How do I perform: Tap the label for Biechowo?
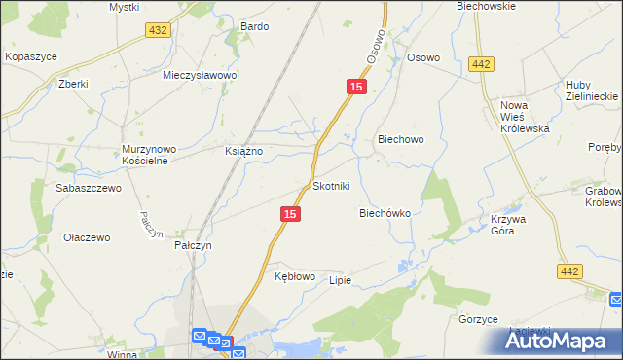(x=399, y=139)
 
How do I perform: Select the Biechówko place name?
(x=385, y=212)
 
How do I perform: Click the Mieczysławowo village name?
(x=201, y=74)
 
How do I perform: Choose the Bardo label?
(x=254, y=26)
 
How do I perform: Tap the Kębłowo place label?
(x=295, y=276)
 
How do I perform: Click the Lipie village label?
(x=339, y=280)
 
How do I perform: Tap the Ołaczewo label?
(x=87, y=237)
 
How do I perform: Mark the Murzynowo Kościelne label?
(x=148, y=155)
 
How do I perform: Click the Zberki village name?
(x=73, y=84)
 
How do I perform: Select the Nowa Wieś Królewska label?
(x=525, y=117)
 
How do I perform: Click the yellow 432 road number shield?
(x=158, y=31)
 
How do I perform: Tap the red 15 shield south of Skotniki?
(x=288, y=212)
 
